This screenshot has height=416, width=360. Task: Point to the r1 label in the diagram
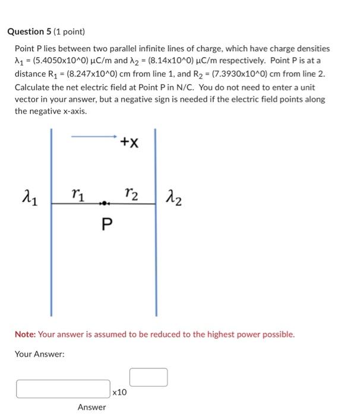[76, 193]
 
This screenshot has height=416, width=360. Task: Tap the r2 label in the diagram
[132, 193]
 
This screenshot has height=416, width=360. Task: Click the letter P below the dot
[106, 224]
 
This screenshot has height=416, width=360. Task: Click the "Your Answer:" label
[40, 354]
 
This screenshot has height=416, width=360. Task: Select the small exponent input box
[149, 377]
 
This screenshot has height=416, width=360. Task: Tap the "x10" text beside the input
[119, 392]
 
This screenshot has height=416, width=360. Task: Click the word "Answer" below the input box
[91, 407]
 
